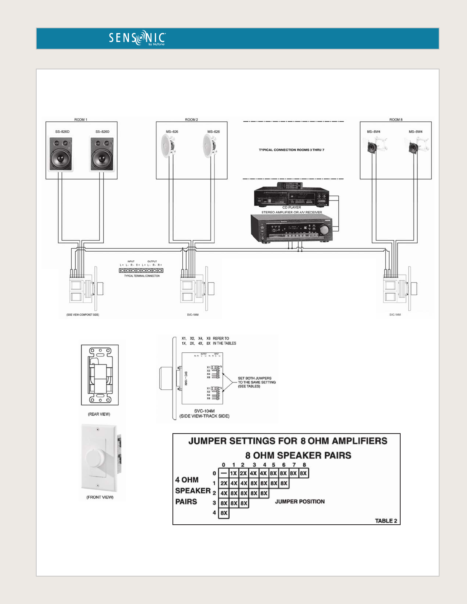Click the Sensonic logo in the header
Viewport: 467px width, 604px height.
(137, 38)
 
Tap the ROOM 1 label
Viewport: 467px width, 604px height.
(81, 120)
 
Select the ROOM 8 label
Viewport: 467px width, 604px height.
(396, 120)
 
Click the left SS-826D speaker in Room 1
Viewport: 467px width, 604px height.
(61, 154)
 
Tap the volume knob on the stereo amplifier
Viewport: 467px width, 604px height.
(324, 230)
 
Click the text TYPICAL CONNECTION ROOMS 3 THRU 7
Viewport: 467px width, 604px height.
(291, 150)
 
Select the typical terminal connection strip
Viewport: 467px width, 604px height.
(141, 270)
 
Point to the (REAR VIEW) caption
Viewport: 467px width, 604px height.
(99, 414)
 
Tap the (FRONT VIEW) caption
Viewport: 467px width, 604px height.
(100, 497)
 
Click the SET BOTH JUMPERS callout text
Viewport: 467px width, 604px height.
(256, 382)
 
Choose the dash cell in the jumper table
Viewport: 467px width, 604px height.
(224, 473)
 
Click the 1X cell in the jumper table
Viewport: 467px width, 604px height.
(234, 473)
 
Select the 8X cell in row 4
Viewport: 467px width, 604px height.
(224, 513)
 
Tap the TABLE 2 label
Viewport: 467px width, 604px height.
(386, 521)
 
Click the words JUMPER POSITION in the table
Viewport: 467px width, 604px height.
(300, 501)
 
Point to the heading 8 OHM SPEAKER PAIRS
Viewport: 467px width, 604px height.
(298, 455)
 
